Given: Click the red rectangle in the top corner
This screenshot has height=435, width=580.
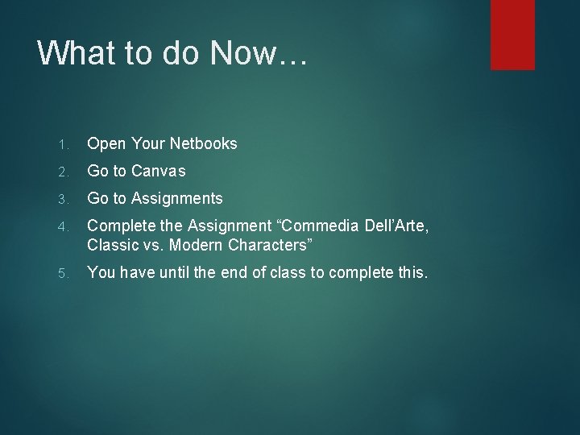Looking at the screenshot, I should [x=512, y=34].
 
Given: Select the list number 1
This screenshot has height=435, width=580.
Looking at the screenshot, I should [x=63, y=144].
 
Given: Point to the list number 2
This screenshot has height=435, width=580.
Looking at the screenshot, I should [x=63, y=172].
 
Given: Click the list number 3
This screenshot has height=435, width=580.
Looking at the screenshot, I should [x=63, y=199].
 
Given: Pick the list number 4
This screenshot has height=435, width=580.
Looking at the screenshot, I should [x=63, y=226].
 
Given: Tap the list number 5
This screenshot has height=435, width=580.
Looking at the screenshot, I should [x=63, y=273].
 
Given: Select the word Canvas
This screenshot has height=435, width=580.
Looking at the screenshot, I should [x=158, y=171].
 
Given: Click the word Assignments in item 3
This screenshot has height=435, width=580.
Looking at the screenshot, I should [x=176, y=199].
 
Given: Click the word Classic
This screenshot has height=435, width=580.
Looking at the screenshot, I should [x=114, y=245].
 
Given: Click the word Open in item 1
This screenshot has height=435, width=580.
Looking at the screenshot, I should [x=106, y=143].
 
